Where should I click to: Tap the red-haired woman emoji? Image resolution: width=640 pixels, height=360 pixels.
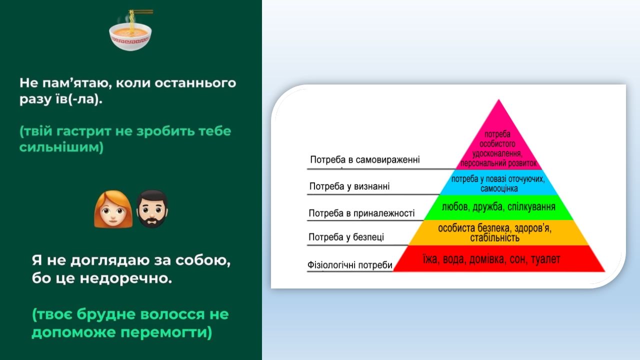click(x=113, y=209)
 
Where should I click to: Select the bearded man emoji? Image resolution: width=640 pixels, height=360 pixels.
click(x=152, y=209)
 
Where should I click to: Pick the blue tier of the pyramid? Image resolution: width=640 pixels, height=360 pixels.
click(x=498, y=182)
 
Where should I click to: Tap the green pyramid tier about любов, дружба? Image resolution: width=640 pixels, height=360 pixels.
click(x=498, y=207)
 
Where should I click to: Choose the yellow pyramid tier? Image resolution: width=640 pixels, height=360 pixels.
click(x=498, y=232)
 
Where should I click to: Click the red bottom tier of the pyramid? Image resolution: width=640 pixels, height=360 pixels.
click(x=498, y=258)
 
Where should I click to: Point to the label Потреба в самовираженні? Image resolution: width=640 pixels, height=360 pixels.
click(x=365, y=159)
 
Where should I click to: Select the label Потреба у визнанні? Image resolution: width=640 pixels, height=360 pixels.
click(x=349, y=186)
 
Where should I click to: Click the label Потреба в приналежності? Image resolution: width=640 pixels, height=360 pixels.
click(x=361, y=213)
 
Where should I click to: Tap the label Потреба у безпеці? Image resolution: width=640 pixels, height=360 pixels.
click(x=346, y=237)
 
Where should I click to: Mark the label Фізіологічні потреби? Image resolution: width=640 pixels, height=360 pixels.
click(x=349, y=265)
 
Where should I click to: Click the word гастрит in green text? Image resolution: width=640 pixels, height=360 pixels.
click(x=83, y=131)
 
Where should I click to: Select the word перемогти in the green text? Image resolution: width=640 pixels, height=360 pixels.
click(x=166, y=332)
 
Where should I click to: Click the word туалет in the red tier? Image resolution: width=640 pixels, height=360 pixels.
click(x=545, y=259)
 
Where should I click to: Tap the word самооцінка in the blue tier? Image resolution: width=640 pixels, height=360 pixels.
click(x=499, y=188)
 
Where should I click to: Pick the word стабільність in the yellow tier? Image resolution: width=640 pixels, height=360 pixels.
click(x=495, y=237)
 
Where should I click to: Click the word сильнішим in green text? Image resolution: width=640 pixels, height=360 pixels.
click(x=61, y=147)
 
